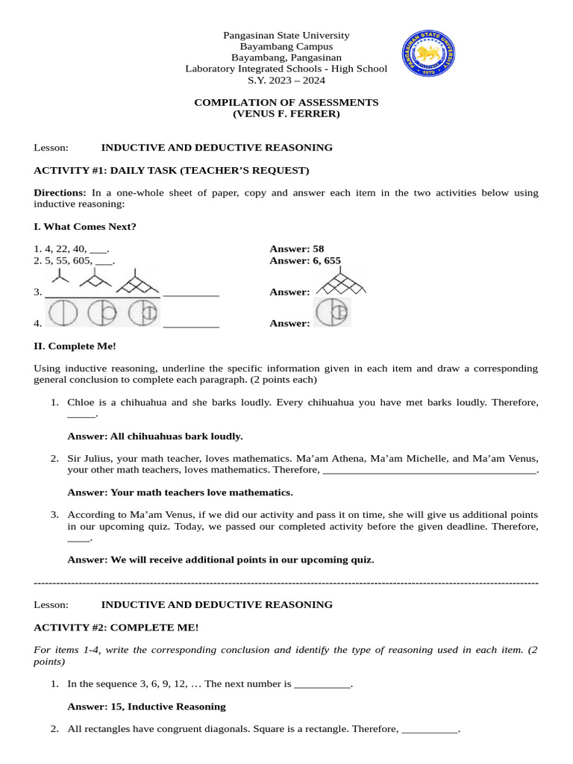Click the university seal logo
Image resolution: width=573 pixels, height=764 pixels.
[x=428, y=57]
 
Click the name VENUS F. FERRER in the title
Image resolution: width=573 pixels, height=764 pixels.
[x=286, y=114]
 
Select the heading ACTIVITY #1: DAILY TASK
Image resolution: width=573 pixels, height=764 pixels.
[x=172, y=170]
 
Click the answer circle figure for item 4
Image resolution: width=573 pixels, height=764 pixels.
[x=332, y=313]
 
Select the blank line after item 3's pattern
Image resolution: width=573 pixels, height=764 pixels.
[x=191, y=295]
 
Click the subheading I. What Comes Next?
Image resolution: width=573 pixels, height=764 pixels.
[x=85, y=227]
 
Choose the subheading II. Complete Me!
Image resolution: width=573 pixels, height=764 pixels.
[x=75, y=346]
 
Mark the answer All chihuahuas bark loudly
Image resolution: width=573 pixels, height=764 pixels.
[x=155, y=436]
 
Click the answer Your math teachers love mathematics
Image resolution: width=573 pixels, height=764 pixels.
[x=180, y=492]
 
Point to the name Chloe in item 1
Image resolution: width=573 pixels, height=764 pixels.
[x=81, y=402]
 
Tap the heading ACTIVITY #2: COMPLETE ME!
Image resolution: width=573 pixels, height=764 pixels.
[x=116, y=628]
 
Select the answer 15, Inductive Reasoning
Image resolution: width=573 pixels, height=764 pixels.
[x=146, y=707]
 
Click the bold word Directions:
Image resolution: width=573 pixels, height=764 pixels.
[x=60, y=192]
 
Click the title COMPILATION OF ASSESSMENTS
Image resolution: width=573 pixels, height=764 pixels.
[x=286, y=102]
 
